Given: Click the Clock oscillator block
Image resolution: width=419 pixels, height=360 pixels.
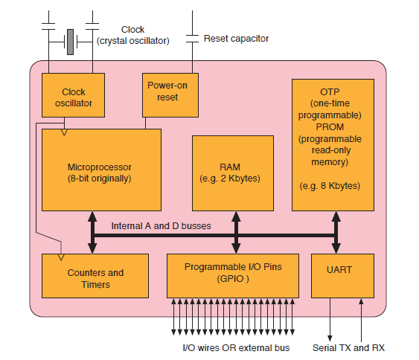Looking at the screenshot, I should pyautogui.click(x=74, y=97).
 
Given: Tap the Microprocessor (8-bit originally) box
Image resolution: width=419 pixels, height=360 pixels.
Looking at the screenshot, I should pyautogui.click(x=100, y=170).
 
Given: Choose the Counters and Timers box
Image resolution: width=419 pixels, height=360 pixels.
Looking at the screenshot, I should pyautogui.click(x=95, y=278).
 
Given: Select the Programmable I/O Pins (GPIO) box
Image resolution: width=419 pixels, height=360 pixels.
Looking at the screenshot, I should pyautogui.click(x=231, y=275).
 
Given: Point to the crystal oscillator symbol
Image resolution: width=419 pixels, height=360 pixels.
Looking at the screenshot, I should pyautogui.click(x=69, y=41).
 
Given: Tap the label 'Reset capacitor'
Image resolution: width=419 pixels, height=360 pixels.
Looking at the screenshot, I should pyautogui.click(x=236, y=38).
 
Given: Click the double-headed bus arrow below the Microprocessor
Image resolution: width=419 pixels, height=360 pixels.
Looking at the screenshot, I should pyautogui.click(x=93, y=232).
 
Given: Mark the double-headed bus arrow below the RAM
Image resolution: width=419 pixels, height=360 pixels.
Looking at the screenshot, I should pyautogui.click(x=235, y=232).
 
